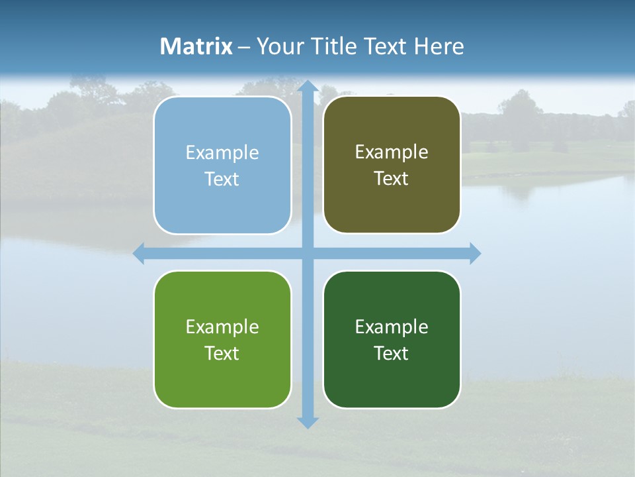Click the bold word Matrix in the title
[196, 46]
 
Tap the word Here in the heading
[439, 46]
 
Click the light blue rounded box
[222, 165]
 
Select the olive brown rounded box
[392, 165]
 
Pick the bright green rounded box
[222, 339]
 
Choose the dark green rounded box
[392, 339]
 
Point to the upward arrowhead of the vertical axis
[308, 87]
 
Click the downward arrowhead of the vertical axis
[308, 422]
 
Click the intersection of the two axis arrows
[308, 253]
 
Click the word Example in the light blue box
[222, 153]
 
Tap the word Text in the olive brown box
[392, 179]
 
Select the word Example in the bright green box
[222, 327]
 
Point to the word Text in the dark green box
[392, 353]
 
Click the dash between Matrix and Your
[244, 47]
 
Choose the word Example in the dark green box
[392, 327]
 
